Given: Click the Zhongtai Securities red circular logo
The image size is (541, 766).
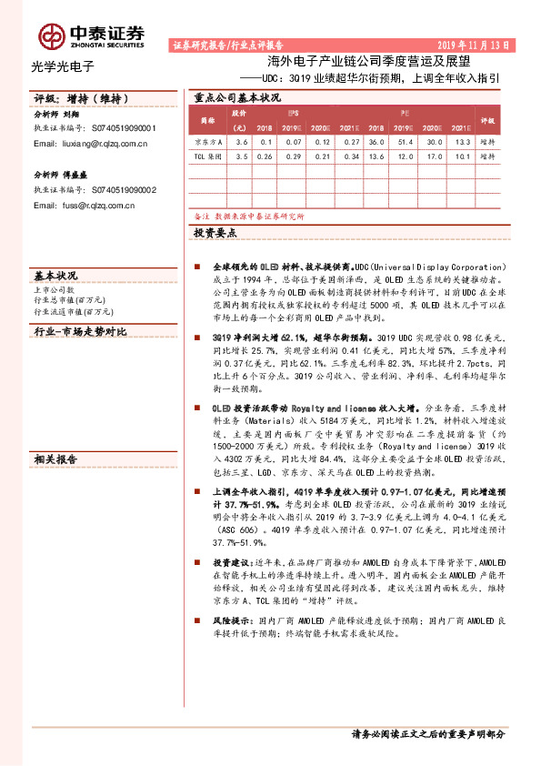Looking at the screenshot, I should (51, 35).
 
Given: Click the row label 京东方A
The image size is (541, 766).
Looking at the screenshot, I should (207, 142).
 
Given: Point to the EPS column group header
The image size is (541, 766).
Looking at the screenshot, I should (295, 113).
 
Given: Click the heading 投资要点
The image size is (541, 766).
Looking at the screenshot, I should (215, 234).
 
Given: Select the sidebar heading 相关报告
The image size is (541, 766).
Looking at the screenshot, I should (55, 460).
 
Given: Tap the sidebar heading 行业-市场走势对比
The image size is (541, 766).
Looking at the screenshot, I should (80, 332).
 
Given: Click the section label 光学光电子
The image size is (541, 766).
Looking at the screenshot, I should (63, 66).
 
